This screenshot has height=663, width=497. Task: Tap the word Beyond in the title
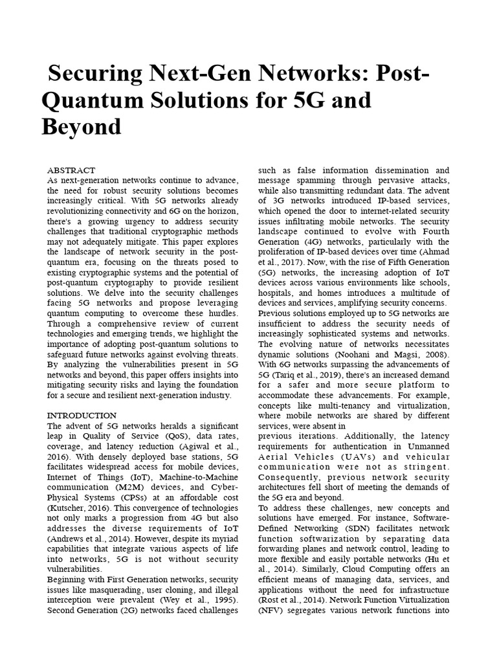point(82,127)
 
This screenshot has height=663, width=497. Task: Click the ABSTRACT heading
point(71,170)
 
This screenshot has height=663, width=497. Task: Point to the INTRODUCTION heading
point(82,415)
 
